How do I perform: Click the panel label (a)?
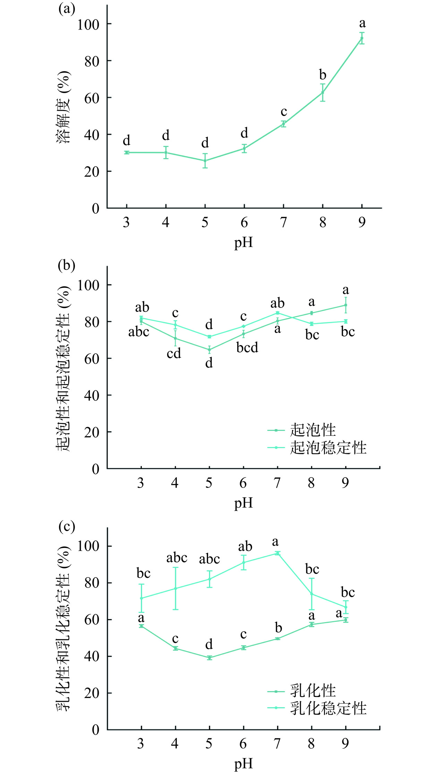pos(67,8)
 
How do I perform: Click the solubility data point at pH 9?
pos(362,38)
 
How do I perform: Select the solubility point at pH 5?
pos(205,160)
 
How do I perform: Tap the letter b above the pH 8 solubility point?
pos(323,74)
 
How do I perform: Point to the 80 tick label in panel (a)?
pos(92,61)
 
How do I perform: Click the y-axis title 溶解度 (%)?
pos(64,107)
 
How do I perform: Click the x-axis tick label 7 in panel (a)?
pos(283,222)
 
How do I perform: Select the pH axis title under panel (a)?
pos(243,242)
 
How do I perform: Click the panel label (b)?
pos(67,265)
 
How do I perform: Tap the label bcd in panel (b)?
pos(247,347)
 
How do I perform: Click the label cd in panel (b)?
pos(174,353)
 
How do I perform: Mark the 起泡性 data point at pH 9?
pos(345,305)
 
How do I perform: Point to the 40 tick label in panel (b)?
pos(92,396)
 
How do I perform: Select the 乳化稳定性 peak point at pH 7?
pos(277,553)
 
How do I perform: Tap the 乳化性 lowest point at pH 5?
pos(209,658)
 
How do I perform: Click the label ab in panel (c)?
pos(245,547)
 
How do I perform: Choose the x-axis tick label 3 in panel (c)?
pos(140,744)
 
